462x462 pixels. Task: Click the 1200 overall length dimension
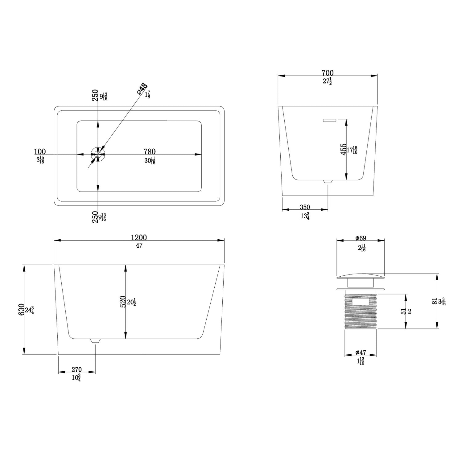(x=139, y=238)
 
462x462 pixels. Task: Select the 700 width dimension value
(x=328, y=73)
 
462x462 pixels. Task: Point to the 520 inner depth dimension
(x=122, y=302)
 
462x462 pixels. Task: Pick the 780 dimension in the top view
(x=150, y=152)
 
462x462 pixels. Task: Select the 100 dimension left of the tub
(x=40, y=152)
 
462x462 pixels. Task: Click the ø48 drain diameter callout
(x=142, y=89)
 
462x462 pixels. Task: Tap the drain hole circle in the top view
(x=98, y=154)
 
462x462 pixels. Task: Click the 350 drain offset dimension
(x=305, y=207)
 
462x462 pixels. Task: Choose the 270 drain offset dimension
(x=76, y=369)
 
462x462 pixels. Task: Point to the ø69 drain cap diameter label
(x=361, y=238)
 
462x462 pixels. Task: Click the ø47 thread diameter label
(x=361, y=353)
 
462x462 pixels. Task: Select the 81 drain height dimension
(x=434, y=301)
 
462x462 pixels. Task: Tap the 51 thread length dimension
(x=403, y=311)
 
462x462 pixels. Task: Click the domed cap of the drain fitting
(x=361, y=276)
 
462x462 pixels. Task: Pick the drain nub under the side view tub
(x=95, y=341)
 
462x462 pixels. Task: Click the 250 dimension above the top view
(x=95, y=95)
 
